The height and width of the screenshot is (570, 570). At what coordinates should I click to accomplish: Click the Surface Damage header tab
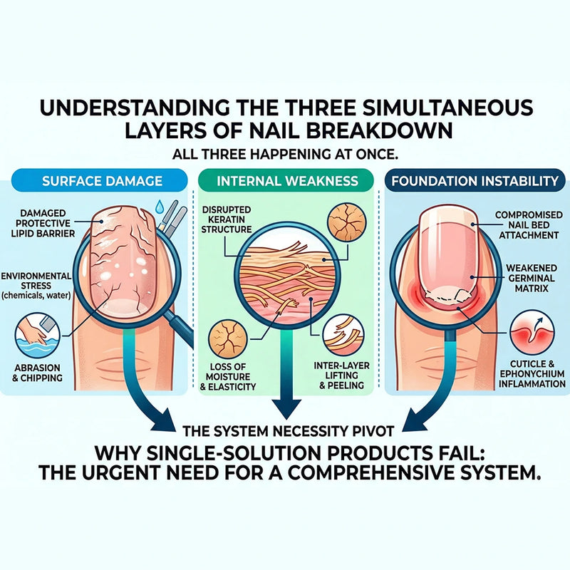click(x=100, y=181)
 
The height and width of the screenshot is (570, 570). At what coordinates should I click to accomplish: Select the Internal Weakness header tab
click(x=286, y=181)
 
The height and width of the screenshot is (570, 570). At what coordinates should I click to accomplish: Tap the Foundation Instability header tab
click(x=475, y=181)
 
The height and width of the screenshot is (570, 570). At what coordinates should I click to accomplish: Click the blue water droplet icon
click(x=159, y=207)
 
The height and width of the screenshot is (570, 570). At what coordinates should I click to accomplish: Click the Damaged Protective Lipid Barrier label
click(x=43, y=223)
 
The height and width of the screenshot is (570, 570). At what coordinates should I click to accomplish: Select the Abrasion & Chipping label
click(x=37, y=373)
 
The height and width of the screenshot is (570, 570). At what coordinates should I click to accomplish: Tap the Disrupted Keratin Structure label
click(x=227, y=219)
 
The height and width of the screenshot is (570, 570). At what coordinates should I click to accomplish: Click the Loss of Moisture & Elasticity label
click(x=227, y=376)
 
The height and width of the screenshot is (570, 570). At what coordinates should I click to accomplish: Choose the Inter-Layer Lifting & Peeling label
click(x=341, y=375)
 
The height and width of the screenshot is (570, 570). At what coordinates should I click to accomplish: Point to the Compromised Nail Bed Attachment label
click(x=529, y=225)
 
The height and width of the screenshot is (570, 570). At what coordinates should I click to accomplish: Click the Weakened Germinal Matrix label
click(x=531, y=279)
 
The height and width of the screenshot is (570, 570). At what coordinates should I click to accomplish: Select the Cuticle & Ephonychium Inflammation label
click(x=532, y=373)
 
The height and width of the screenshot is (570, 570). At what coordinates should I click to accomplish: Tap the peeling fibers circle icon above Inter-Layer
click(x=343, y=335)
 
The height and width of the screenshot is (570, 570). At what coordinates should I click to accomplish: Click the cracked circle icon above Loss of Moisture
click(x=227, y=339)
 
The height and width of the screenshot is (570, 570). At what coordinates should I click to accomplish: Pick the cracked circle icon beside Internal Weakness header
click(x=346, y=223)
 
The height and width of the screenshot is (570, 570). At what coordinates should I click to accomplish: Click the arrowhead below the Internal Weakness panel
click(x=287, y=408)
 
